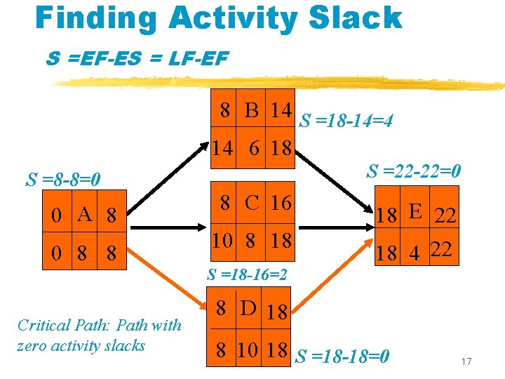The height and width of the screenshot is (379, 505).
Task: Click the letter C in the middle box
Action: point(251,203)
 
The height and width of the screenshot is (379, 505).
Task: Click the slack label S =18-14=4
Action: point(346,121)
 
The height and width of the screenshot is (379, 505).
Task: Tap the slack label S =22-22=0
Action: point(415,171)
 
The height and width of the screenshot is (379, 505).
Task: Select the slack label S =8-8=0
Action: point(64,180)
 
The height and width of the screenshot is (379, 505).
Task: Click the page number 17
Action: point(466,361)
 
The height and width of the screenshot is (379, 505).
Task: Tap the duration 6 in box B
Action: point(254,149)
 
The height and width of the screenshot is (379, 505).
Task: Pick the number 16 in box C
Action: point(281,203)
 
